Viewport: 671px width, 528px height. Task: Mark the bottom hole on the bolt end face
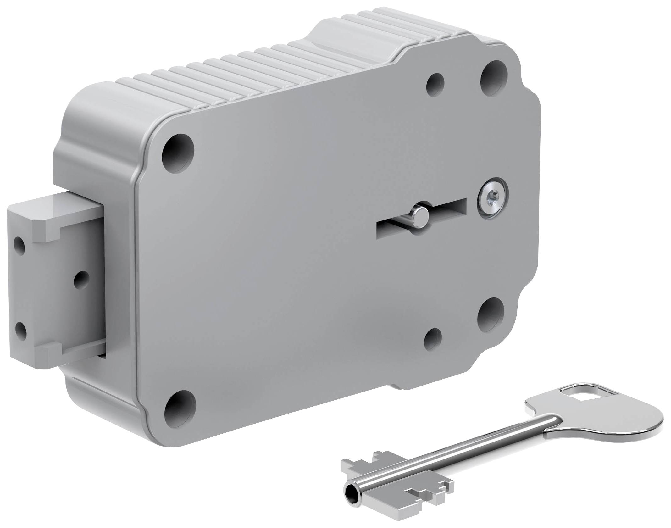coord(20,330)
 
